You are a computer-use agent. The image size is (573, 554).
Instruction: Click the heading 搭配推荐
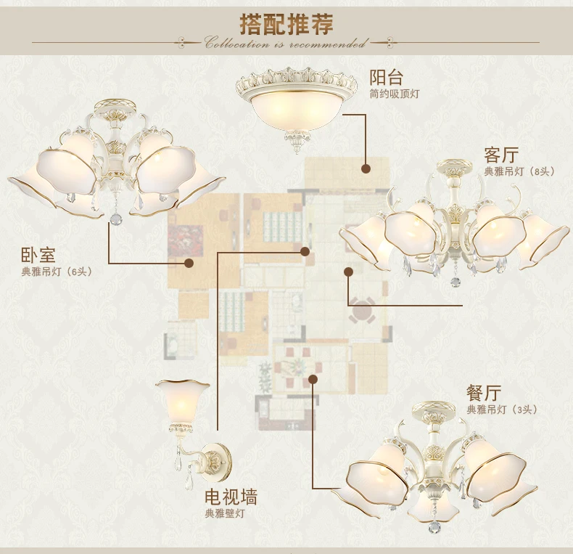pyautogui.click(x=286, y=24)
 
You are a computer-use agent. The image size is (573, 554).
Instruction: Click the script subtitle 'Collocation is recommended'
pyautogui.click(x=285, y=44)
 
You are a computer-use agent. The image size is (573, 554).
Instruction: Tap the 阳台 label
pyautogui.click(x=386, y=77)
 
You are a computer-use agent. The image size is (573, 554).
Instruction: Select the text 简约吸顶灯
pyautogui.click(x=395, y=94)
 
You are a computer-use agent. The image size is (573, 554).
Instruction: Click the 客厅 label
pyautogui.click(x=501, y=155)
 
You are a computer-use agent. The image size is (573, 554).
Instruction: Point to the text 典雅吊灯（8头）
pyautogui.click(x=519, y=171)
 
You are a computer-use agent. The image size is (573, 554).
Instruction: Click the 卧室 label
pyautogui.click(x=38, y=255)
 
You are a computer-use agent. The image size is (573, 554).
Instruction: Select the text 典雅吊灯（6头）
pyautogui.click(x=57, y=272)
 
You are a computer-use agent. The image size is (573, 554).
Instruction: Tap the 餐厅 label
pyautogui.click(x=484, y=394)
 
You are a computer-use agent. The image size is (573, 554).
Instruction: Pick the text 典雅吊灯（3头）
pyautogui.click(x=502, y=410)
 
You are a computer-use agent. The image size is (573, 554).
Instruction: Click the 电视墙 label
pyautogui.click(x=231, y=497)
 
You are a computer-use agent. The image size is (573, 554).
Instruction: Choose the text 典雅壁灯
pyautogui.click(x=224, y=513)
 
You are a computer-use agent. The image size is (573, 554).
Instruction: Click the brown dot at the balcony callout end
pyautogui.click(x=366, y=168)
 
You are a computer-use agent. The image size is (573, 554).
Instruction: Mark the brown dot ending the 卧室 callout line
pyautogui.click(x=189, y=263)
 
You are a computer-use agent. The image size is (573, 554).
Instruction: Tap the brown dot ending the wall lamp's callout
pyautogui.click(x=305, y=251)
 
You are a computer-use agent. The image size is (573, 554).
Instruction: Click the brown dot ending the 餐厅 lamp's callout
pyautogui.click(x=313, y=379)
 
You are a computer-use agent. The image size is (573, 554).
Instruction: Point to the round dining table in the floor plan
pyautogui.click(x=361, y=311)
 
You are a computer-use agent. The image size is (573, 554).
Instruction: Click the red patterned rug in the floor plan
pyautogui.click(x=185, y=241)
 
